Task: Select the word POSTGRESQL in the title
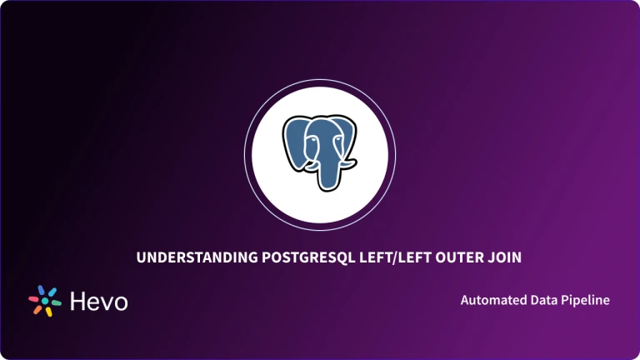pos(293,258)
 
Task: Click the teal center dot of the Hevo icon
pos(45,301)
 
